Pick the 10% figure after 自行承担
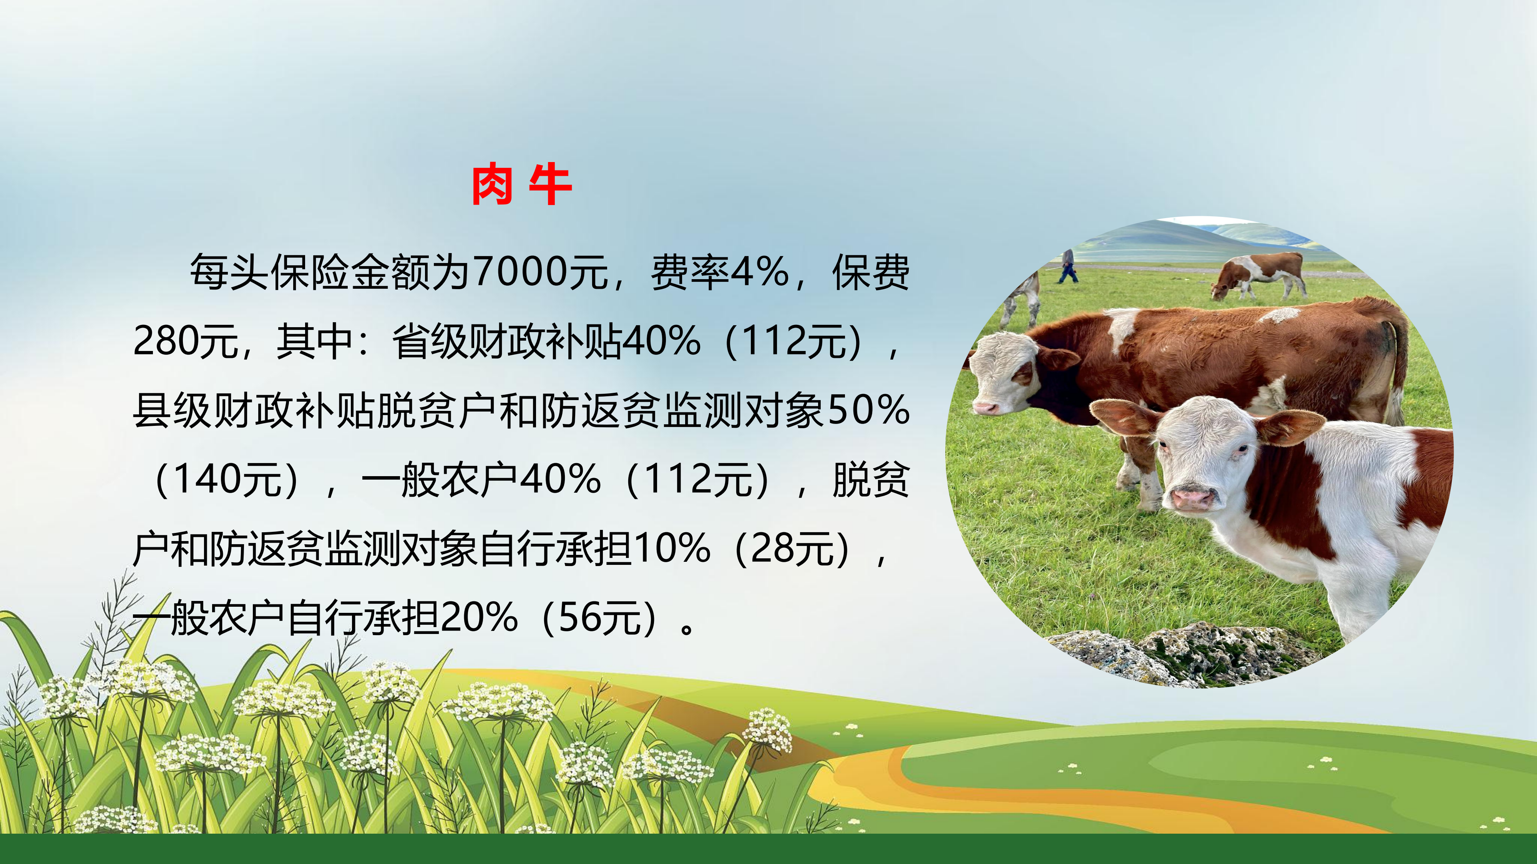(671, 549)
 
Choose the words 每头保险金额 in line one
(310, 273)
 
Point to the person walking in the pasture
(1068, 266)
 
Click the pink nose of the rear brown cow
(985, 408)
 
